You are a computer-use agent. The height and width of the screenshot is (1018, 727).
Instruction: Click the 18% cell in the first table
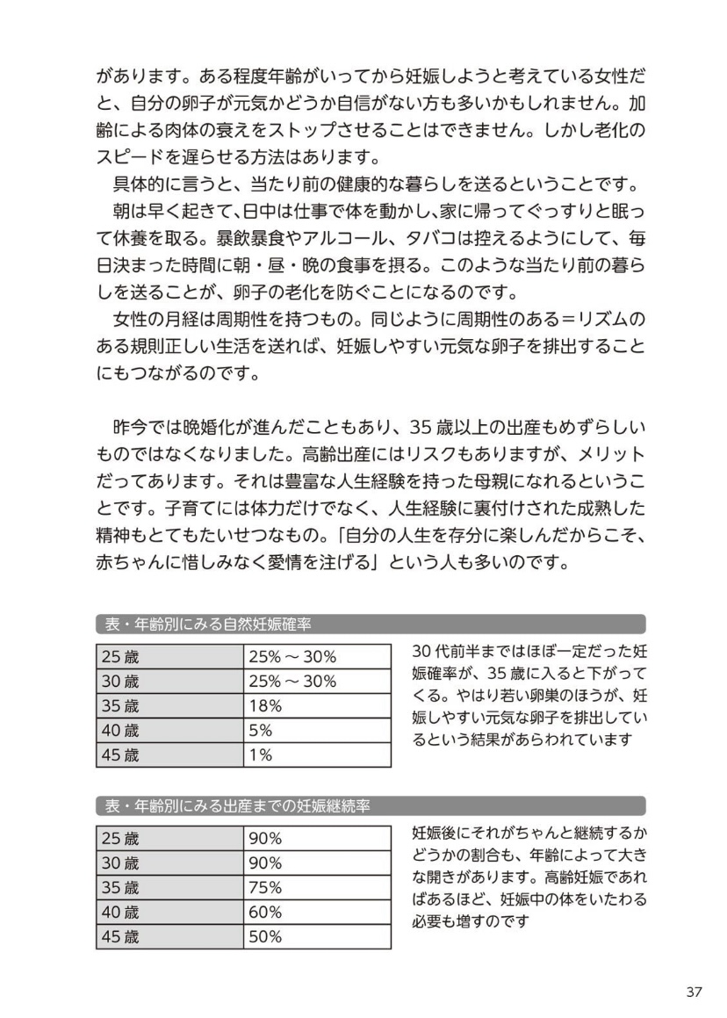pyautogui.click(x=265, y=705)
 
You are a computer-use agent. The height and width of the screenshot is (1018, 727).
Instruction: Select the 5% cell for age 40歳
pyautogui.click(x=261, y=730)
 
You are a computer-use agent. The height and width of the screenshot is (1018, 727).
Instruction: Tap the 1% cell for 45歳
pyautogui.click(x=261, y=754)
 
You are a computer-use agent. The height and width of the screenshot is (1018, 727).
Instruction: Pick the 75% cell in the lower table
pyautogui.click(x=265, y=887)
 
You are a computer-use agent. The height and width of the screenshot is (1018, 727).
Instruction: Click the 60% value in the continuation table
pyautogui.click(x=265, y=912)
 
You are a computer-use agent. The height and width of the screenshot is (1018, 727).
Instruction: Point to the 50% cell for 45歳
pyautogui.click(x=265, y=936)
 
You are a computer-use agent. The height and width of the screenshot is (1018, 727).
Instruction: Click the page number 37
pyautogui.click(x=694, y=992)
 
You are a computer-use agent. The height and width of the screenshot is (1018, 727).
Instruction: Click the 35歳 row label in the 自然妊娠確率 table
pyautogui.click(x=120, y=705)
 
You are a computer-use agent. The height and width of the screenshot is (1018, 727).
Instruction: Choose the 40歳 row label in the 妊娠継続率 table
pyautogui.click(x=120, y=912)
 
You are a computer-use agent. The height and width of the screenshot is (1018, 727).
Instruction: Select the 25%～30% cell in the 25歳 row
pyautogui.click(x=292, y=656)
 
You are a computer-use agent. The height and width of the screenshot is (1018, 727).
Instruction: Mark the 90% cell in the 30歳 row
pyautogui.click(x=265, y=863)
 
